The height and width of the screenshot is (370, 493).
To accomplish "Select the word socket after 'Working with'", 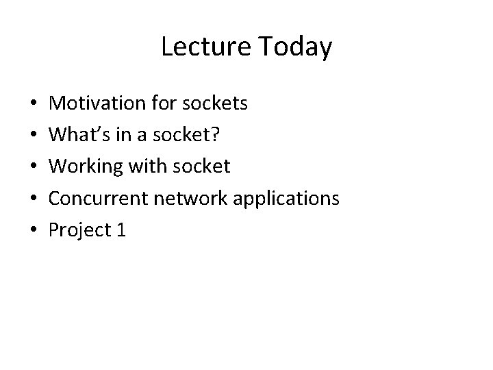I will click(203, 166).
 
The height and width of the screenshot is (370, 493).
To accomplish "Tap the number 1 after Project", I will click(122, 230).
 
